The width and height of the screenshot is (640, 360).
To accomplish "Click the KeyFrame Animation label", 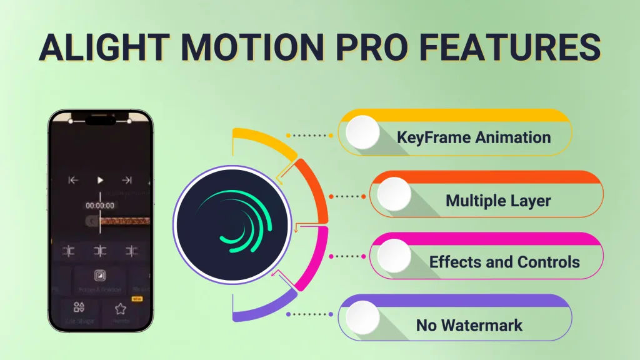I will (x=474, y=137).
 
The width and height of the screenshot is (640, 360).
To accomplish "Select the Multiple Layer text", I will (x=498, y=201).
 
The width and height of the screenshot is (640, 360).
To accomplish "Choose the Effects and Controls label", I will (x=504, y=262).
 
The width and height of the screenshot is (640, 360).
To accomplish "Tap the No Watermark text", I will (x=469, y=325).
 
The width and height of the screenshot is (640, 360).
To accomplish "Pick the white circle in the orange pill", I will (x=394, y=194).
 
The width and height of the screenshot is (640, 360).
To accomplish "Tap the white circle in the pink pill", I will (x=394, y=256).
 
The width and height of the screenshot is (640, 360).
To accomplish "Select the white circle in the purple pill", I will (x=362, y=317).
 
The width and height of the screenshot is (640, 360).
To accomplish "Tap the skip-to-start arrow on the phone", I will (x=73, y=181).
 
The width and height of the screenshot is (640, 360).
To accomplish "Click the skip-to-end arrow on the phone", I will (x=127, y=181).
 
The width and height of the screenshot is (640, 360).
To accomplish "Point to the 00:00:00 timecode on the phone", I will (x=100, y=205).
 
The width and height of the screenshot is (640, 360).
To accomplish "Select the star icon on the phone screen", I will (x=120, y=308).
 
